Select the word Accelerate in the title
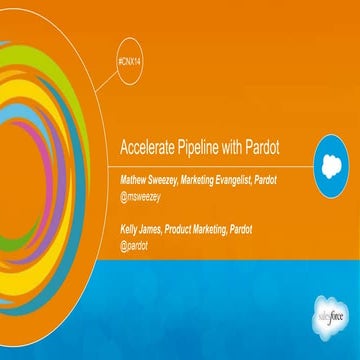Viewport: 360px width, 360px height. (x=147, y=146)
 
